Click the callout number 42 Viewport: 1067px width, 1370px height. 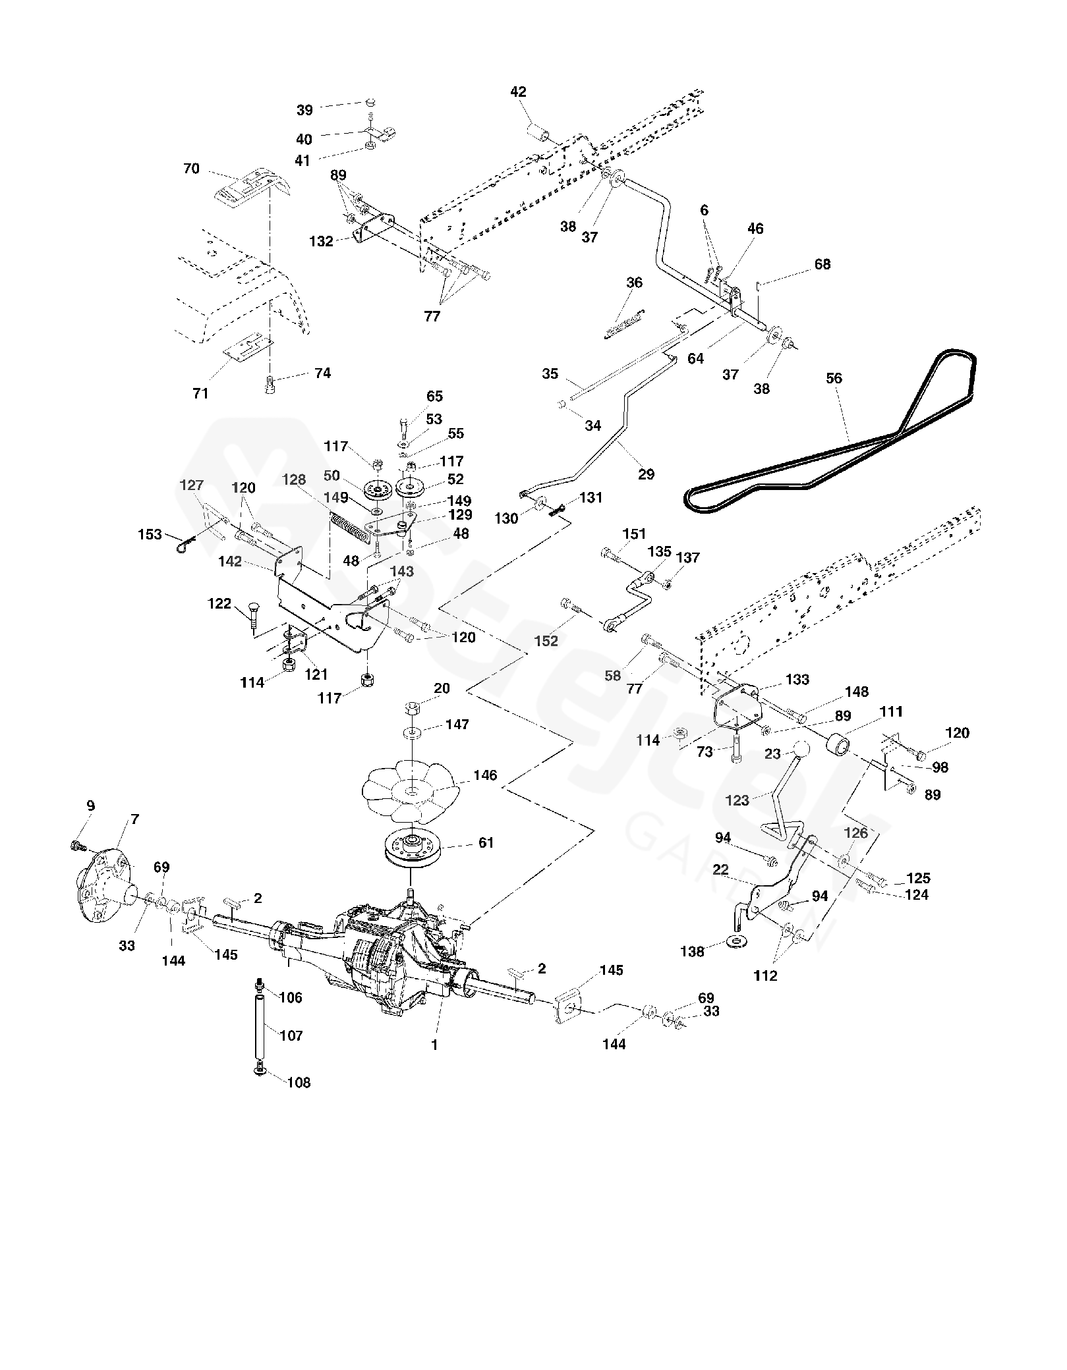pyautogui.click(x=519, y=92)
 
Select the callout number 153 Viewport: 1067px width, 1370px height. pyautogui.click(x=150, y=534)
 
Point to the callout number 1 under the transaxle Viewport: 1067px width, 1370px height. pyautogui.click(x=434, y=1044)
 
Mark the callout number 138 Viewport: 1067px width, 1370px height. pyautogui.click(x=692, y=952)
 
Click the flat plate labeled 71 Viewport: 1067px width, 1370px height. pyautogui.click(x=247, y=349)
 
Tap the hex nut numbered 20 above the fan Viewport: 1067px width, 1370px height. pyautogui.click(x=412, y=709)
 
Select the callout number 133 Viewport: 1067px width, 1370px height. pyautogui.click(x=797, y=679)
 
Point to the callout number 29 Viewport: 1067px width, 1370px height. pyautogui.click(x=647, y=474)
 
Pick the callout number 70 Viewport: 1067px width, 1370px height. pyautogui.click(x=191, y=169)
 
